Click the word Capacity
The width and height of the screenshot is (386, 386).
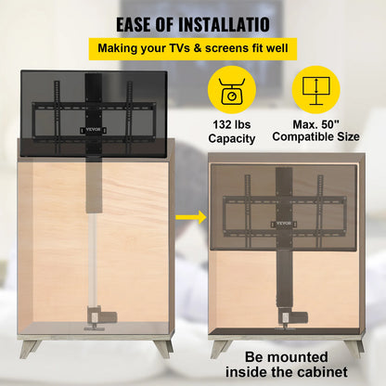(x=233, y=138)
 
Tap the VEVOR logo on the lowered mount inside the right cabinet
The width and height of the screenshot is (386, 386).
(x=285, y=223)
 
